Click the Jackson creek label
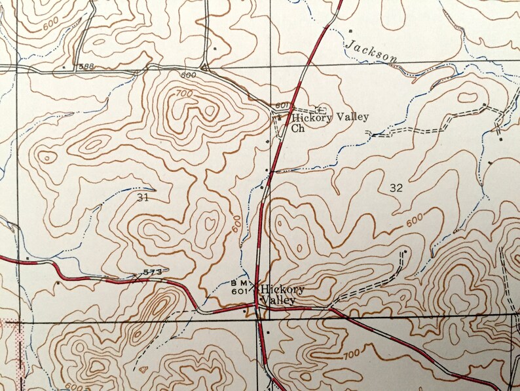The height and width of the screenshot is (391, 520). click(371, 52)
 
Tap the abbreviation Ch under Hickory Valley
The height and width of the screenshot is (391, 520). click(299, 129)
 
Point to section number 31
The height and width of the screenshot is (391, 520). click(143, 196)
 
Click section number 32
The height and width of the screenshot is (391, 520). click(396, 188)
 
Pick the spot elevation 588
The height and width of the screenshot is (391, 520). click(85, 66)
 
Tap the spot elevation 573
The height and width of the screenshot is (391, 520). click(152, 272)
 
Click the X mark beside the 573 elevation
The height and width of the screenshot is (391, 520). click(136, 276)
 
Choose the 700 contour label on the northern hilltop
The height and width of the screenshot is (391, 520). click(185, 94)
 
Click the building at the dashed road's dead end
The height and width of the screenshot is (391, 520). click(405, 251)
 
